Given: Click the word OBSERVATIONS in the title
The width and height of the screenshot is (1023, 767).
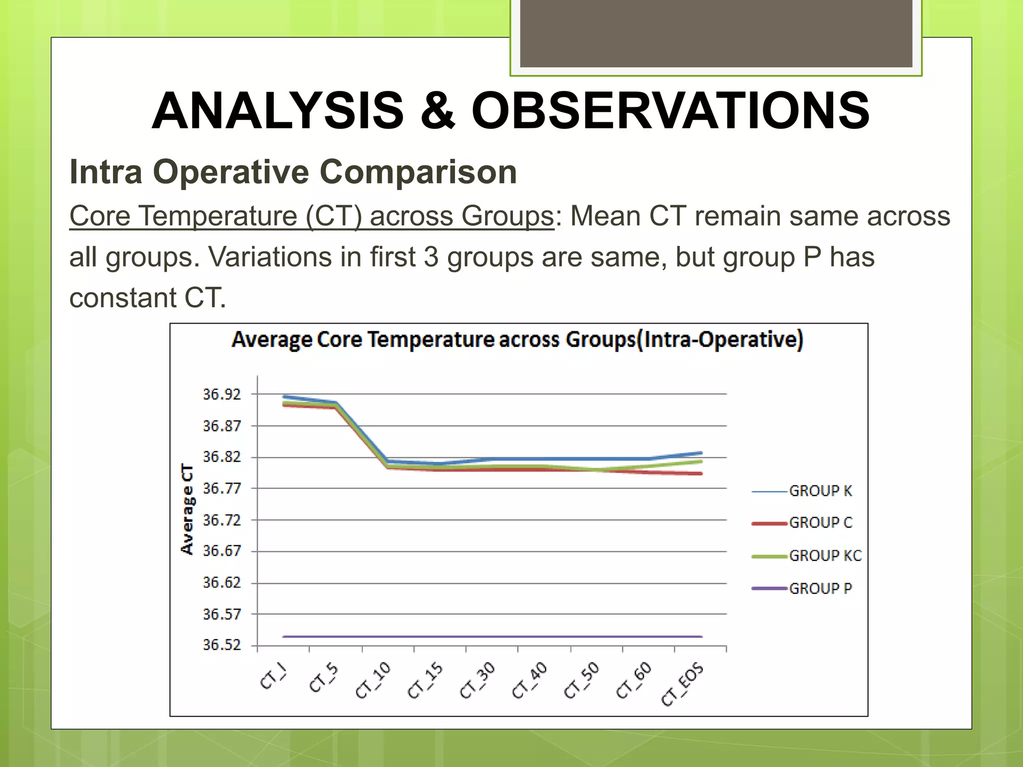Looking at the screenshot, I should [x=670, y=111].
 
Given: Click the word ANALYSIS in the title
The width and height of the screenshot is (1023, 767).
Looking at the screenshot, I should [x=278, y=111].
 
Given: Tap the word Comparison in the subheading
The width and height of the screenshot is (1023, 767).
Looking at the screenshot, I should [x=418, y=172].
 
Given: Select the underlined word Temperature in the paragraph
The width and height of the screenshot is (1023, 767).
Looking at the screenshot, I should [x=218, y=216].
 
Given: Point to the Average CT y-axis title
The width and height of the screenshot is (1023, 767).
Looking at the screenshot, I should [x=187, y=509].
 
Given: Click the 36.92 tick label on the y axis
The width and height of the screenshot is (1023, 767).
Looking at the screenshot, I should [x=222, y=394].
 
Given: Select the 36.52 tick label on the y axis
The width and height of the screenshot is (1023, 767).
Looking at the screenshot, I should [x=222, y=645].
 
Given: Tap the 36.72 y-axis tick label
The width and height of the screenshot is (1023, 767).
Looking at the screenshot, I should [x=222, y=520].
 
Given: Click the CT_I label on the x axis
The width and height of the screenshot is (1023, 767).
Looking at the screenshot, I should [x=274, y=678].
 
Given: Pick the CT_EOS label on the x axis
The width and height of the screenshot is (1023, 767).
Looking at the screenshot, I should [x=683, y=684].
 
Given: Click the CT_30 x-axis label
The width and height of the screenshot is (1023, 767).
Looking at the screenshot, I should [x=477, y=680].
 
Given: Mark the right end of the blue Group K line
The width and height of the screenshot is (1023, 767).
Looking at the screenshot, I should [x=701, y=453].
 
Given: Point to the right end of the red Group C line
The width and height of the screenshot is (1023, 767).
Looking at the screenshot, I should [x=701, y=473].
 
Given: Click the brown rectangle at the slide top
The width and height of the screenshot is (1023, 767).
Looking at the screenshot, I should [x=716, y=33].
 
